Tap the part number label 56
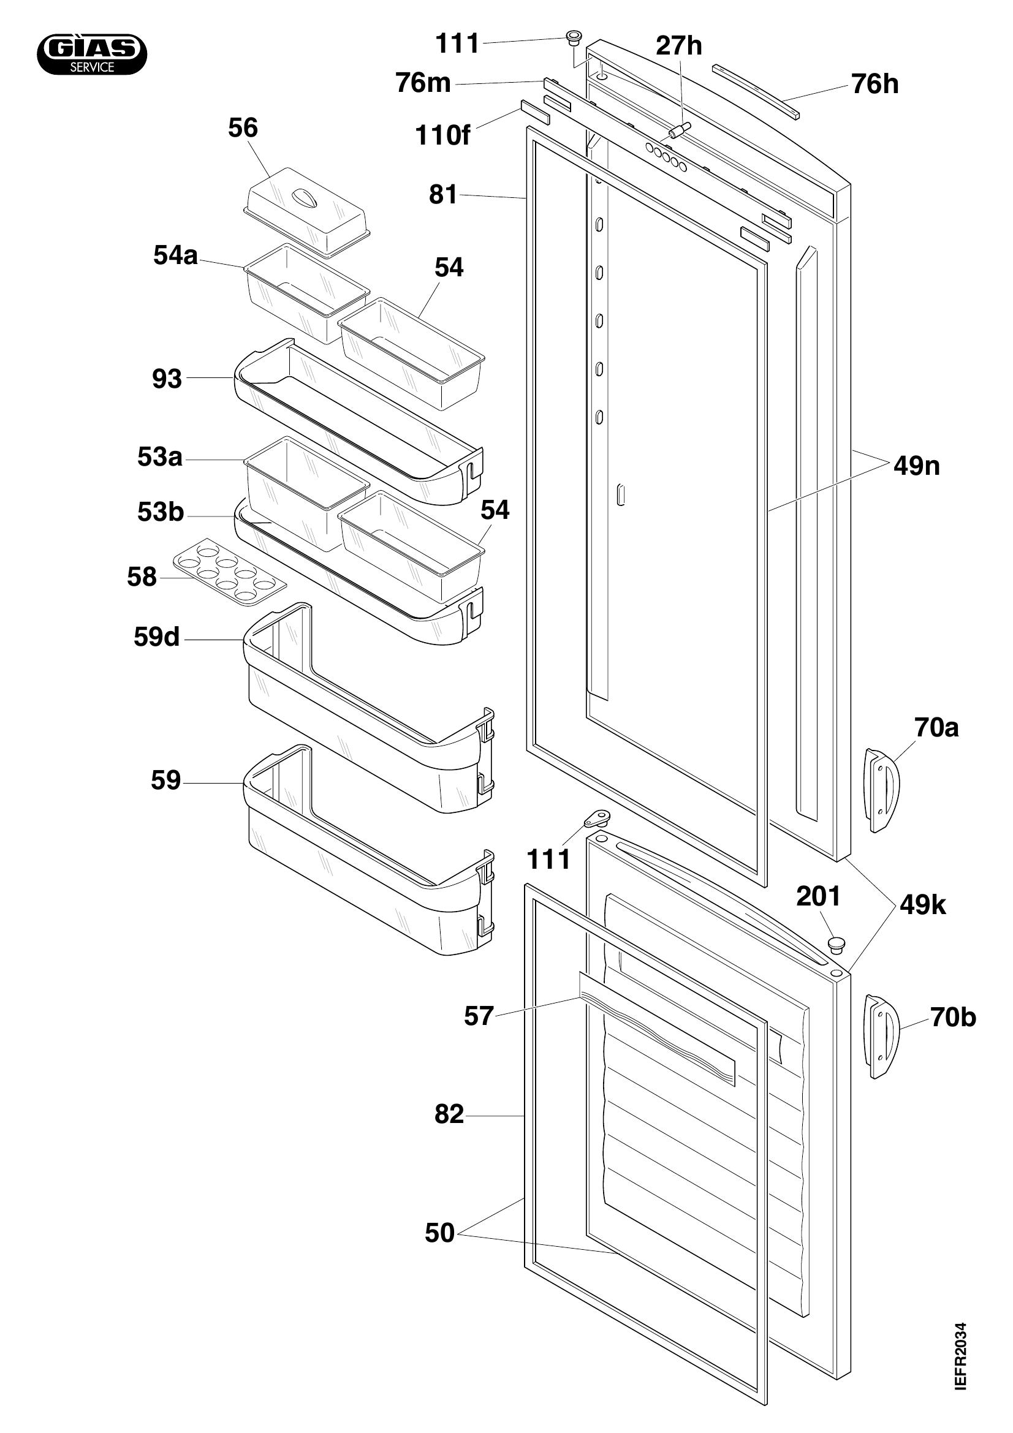[x=243, y=128]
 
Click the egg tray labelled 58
[x=230, y=572]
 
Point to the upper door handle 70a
[x=882, y=790]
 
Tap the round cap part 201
[x=837, y=945]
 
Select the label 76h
[x=875, y=85]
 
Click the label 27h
[x=678, y=45]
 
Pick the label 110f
[x=442, y=135]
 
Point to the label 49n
[x=916, y=466]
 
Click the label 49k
[x=922, y=905]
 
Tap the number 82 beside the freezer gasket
[x=449, y=1114]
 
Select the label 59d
[x=157, y=637]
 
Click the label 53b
[x=161, y=512]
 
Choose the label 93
[x=167, y=379]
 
